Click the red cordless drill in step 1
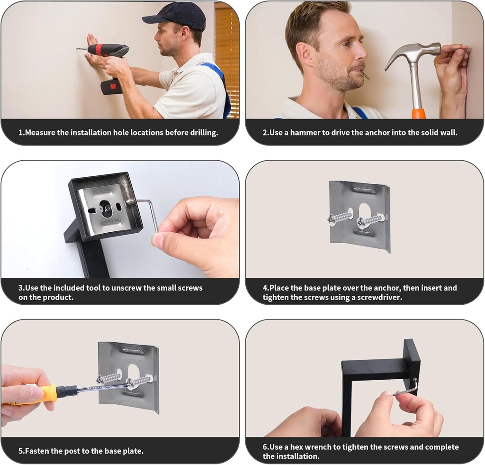[109, 62]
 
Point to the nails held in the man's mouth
[367, 76]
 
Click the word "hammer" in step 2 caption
[305, 133]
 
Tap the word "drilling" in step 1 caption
[204, 133]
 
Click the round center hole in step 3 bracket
[106, 208]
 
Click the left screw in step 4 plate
[340, 217]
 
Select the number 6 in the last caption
[265, 447]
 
